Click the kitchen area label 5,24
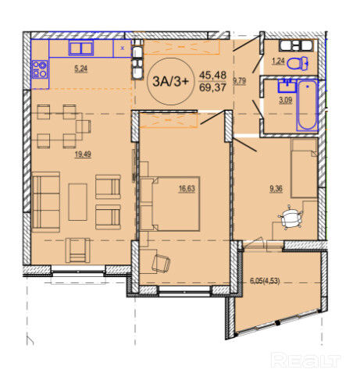81,69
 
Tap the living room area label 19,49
83,154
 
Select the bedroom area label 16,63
187,188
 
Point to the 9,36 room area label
276,188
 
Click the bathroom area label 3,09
286,100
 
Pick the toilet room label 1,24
278,62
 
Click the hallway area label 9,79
240,81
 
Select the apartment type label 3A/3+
170,81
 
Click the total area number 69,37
212,87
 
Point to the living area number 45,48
212,76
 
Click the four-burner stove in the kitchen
40,69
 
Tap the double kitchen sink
81,48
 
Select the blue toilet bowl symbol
298,63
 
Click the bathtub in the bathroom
307,105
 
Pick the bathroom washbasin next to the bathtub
287,86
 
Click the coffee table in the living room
77,202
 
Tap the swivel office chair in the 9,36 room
291,218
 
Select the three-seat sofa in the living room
46,202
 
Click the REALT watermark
306,360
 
